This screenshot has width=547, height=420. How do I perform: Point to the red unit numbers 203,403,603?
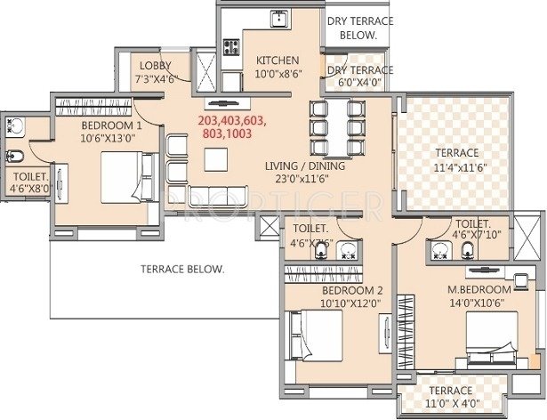click(x=232, y=120)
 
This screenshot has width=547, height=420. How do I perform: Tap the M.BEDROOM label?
click(x=479, y=290)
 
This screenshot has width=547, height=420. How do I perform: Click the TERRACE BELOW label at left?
click(x=182, y=268)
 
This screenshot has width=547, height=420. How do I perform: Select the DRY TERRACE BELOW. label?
click(x=352, y=28)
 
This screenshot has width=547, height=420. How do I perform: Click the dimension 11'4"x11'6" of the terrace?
click(x=456, y=166)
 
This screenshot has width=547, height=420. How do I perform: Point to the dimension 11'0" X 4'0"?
click(x=451, y=403)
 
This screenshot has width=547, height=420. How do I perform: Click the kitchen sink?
click(x=278, y=17)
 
